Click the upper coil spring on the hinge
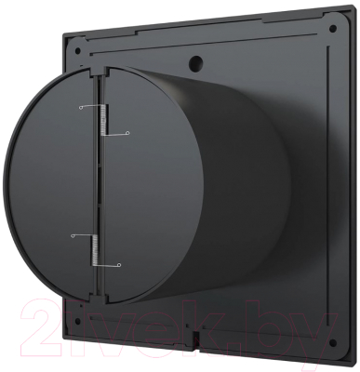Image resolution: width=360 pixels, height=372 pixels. click(x=102, y=120)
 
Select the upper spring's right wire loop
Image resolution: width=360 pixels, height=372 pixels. click(x=127, y=134)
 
